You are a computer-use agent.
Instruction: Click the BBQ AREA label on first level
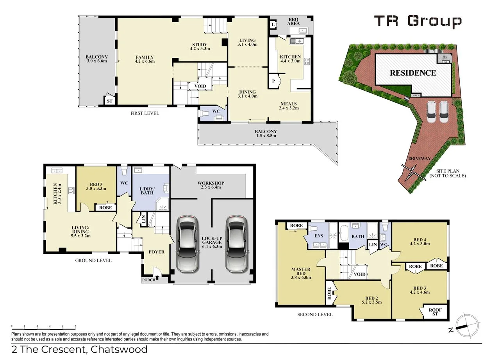[x=293, y=21]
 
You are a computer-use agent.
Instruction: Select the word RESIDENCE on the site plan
[x=412, y=73]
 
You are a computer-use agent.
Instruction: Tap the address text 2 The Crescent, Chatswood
[x=74, y=349]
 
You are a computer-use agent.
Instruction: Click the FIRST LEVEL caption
[x=145, y=113]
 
